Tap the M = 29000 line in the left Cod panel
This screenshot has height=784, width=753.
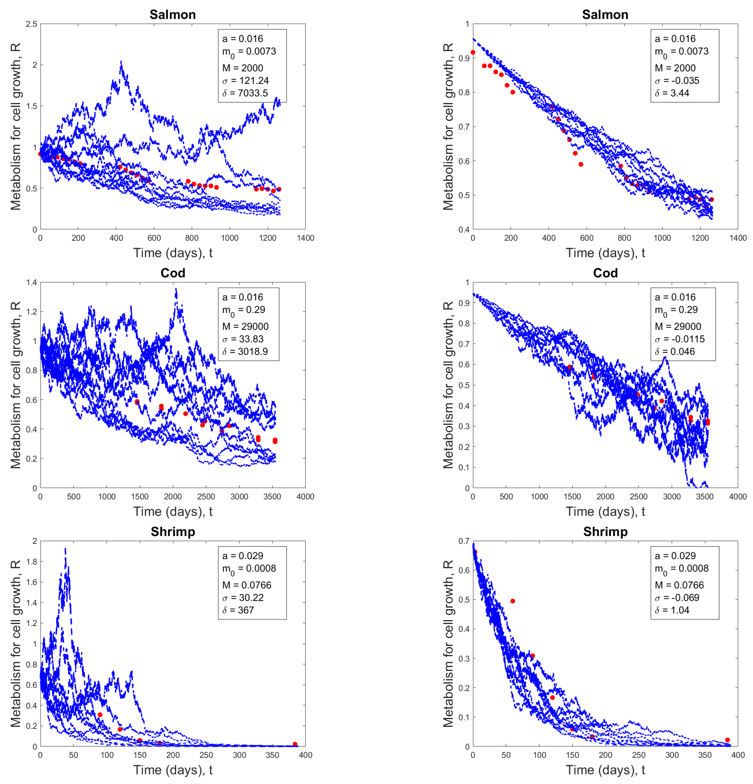tap(245, 326)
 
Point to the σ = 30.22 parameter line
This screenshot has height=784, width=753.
tap(243, 598)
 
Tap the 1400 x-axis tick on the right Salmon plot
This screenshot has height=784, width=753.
tap(737, 238)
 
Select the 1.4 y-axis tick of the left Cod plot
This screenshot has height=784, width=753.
tap(32, 282)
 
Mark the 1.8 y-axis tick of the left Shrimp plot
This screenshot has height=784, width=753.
tap(32, 562)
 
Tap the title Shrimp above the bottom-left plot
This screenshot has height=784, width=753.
tap(173, 532)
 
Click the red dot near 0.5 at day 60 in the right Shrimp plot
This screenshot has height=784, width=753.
tap(513, 601)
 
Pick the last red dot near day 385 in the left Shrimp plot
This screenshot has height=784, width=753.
tap(295, 744)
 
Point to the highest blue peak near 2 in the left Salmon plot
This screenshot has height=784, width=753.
tap(121, 62)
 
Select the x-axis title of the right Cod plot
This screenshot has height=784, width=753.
tap(605, 512)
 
